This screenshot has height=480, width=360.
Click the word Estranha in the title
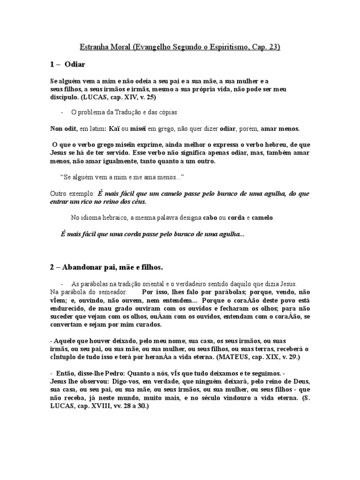click(93, 47)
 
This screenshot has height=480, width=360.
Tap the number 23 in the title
click(273, 47)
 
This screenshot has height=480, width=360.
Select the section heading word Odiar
click(75, 64)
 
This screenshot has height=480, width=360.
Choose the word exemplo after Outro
click(82, 193)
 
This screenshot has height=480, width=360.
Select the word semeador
click(111, 292)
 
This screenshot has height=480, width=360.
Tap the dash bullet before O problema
click(62, 113)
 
